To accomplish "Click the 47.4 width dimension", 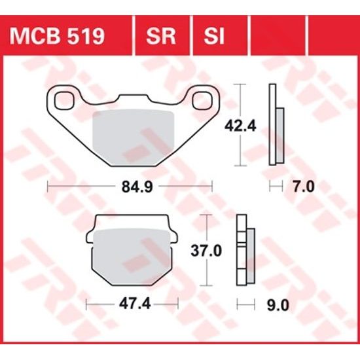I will pyautogui.click(x=134, y=303).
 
